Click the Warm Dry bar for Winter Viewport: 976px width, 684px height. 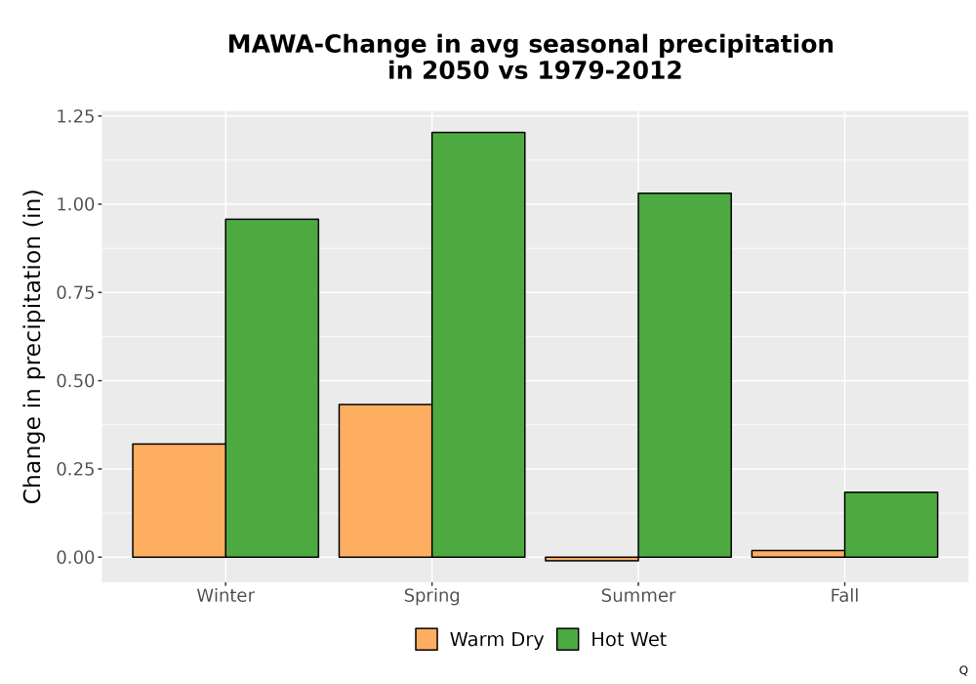tap(180, 500)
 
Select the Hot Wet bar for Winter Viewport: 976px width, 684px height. tap(272, 388)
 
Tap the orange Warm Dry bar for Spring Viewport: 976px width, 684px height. tap(386, 481)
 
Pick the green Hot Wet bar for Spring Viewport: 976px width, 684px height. tap(478, 345)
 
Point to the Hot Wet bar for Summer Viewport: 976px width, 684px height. tap(685, 375)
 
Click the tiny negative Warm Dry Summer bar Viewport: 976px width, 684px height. tap(592, 559)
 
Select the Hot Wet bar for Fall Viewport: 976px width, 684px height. tap(891, 525)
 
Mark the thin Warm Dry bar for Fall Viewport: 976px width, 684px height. tap(798, 554)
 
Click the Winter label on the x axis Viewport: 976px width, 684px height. tap(225, 595)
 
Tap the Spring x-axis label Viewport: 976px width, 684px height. tap(432, 596)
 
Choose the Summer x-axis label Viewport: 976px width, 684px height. tap(638, 595)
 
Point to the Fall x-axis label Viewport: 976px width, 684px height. tap(844, 595)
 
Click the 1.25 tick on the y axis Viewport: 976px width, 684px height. tap(76, 116)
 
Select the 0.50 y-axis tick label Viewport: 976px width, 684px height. tap(76, 381)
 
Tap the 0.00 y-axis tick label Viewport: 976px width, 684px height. tap(76, 558)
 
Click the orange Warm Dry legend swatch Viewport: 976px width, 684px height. tap(427, 639)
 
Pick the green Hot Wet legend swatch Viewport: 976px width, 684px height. tap(568, 639)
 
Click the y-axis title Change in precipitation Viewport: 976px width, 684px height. tap(32, 346)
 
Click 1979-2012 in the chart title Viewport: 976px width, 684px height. tap(609, 70)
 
